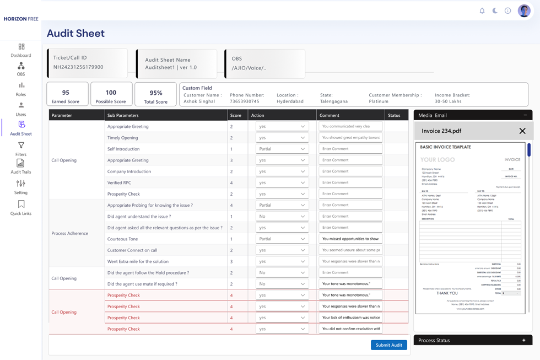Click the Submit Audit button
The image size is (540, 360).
tap(389, 345)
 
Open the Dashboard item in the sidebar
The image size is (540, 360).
tap(21, 50)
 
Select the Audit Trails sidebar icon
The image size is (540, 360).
tap(20, 164)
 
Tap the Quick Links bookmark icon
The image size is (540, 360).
tap(21, 205)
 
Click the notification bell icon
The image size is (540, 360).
tap(482, 10)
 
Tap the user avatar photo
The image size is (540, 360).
tap(524, 10)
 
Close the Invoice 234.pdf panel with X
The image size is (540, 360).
tap(522, 131)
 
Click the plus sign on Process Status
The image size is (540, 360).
tap(523, 340)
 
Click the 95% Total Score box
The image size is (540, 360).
tap(155, 94)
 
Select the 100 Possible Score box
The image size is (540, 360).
tap(111, 94)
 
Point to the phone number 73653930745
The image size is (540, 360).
tap(245, 101)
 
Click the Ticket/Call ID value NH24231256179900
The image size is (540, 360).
tap(78, 67)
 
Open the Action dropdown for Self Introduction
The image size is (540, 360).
tap(282, 149)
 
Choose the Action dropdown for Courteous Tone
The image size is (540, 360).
tap(282, 239)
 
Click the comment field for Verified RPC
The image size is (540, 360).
tap(350, 182)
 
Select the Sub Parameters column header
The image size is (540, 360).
tap(123, 115)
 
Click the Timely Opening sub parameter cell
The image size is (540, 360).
tap(123, 138)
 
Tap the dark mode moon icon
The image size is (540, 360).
tap(495, 10)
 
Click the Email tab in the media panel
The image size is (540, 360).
tap(441, 115)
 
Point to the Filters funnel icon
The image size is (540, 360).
tap(21, 146)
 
